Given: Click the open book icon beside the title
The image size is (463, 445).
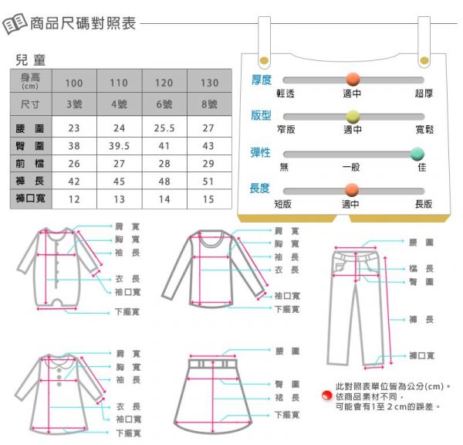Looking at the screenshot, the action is pyautogui.click(x=15, y=23).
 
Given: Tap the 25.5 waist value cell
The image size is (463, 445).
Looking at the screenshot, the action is pyautogui.click(x=164, y=128).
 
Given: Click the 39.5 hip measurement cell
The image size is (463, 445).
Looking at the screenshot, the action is pyautogui.click(x=120, y=146).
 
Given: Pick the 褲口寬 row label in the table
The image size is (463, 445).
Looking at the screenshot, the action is pyautogui.click(x=31, y=198).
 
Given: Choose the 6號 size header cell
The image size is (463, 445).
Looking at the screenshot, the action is pyautogui.click(x=164, y=104).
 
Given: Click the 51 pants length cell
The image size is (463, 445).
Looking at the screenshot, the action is pyautogui.click(x=208, y=182).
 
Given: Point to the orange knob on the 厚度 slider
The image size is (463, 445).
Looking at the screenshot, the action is pyautogui.click(x=353, y=80).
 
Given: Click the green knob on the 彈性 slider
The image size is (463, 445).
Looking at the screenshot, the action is pyautogui.click(x=417, y=154).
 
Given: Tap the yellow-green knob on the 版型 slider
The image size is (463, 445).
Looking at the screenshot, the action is pyautogui.click(x=353, y=117).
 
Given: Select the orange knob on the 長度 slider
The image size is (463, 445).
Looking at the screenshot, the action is pyautogui.click(x=352, y=190).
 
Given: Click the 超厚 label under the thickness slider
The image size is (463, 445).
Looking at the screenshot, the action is pyautogui.click(x=424, y=93).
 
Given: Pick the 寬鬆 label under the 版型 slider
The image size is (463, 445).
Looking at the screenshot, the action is pyautogui.click(x=424, y=130).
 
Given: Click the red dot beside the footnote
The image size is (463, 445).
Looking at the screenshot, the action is pyautogui.click(x=327, y=396).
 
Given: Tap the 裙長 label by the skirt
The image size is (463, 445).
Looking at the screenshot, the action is pyautogui.click(x=287, y=397).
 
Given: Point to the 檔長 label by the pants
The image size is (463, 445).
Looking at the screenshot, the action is pyautogui.click(x=421, y=269).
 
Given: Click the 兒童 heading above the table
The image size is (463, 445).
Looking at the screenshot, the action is pyautogui.click(x=31, y=60).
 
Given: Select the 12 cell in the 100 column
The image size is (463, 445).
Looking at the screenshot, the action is pyautogui.click(x=74, y=199).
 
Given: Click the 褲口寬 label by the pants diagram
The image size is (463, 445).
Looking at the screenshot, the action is pyautogui.click(x=421, y=355).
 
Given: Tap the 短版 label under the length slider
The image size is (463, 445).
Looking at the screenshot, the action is pyautogui.click(x=283, y=204).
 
